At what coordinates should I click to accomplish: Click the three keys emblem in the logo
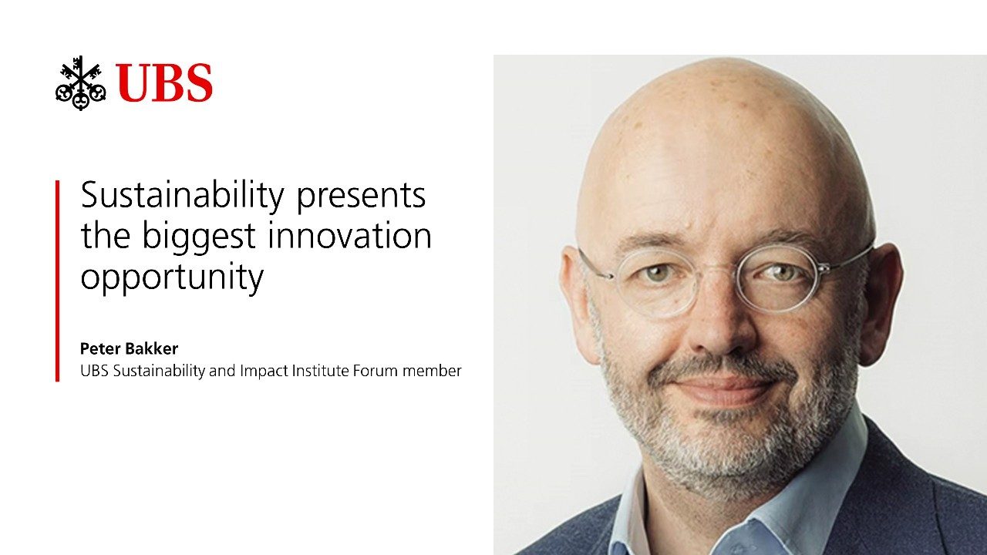click(x=81, y=82)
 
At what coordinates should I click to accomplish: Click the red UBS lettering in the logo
click(x=164, y=82)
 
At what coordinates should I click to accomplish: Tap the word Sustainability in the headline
click(x=183, y=195)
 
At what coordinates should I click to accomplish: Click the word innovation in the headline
click(x=349, y=235)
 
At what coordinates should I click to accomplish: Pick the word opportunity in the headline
click(x=172, y=278)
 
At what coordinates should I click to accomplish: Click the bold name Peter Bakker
click(x=129, y=348)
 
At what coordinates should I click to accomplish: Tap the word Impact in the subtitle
click(x=264, y=372)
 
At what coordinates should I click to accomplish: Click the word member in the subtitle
click(x=432, y=371)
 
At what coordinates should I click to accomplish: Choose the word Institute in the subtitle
click(x=321, y=371)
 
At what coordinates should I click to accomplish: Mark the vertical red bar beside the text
click(x=57, y=281)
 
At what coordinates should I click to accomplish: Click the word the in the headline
click(x=106, y=235)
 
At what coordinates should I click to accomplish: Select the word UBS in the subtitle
click(x=94, y=371)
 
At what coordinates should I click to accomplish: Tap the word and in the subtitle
click(x=223, y=371)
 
